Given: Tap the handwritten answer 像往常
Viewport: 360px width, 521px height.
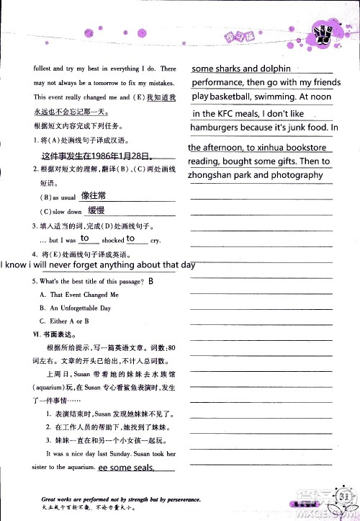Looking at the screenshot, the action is point(94,195).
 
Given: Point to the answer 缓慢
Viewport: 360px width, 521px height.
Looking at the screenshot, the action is point(96,210).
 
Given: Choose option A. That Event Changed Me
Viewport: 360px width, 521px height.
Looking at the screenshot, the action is point(84,295).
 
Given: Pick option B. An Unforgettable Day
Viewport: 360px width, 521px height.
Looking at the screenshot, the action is point(80,308).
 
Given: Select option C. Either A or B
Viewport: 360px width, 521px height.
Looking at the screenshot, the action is point(69,321).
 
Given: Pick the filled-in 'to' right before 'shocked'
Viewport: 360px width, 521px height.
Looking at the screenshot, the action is point(85,238).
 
